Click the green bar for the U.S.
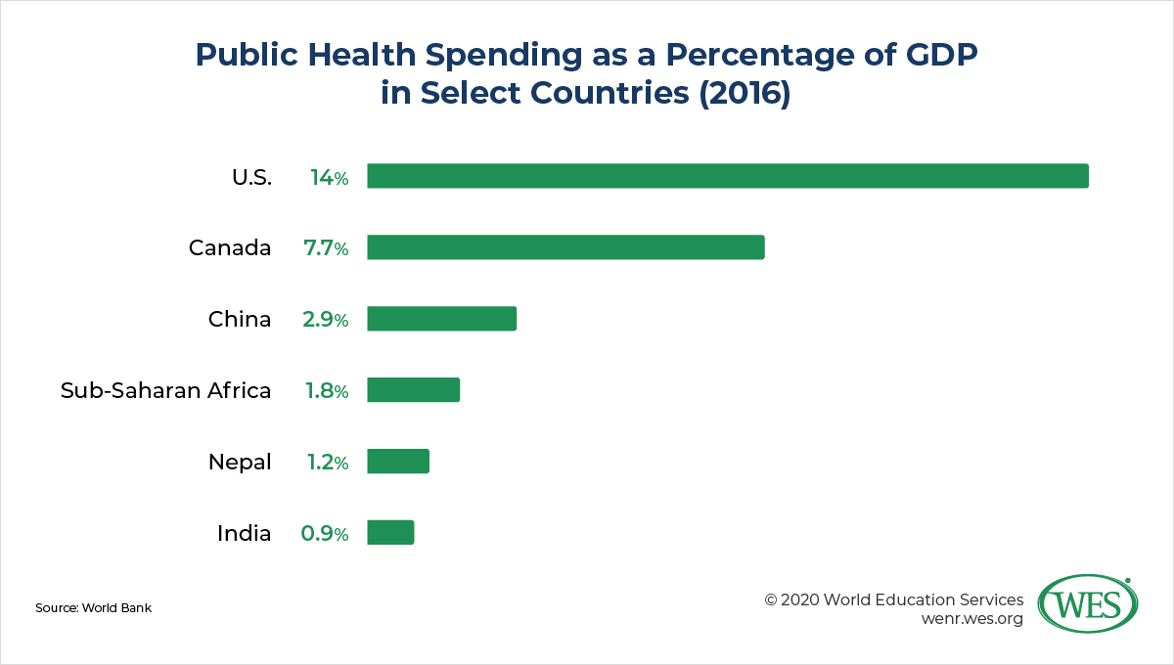pos(727,176)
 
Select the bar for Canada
pos(565,247)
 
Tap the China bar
pos(441,319)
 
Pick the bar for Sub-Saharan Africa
pos(413,390)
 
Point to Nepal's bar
pos(398,462)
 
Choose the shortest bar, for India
pos(390,533)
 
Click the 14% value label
pos(329,177)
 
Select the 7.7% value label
pos(326,248)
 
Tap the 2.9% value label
pos(326,320)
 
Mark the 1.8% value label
pos(326,391)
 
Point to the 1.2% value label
pos(326,463)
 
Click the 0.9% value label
pos(324,534)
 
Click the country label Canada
pos(230,248)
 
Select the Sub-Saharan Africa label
pos(165,391)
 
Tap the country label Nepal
pos(240,463)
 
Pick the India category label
pos(244,534)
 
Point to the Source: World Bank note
pos(93,608)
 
